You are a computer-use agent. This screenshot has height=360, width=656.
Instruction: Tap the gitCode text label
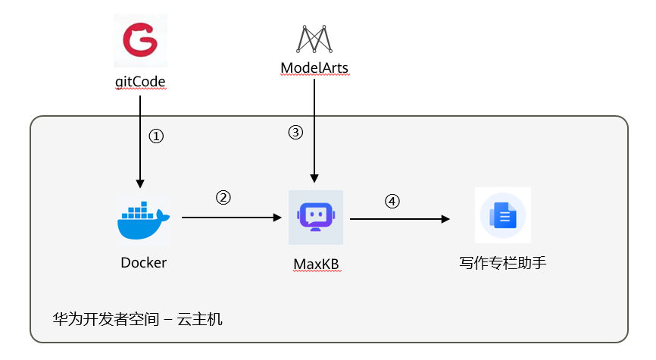[141, 81]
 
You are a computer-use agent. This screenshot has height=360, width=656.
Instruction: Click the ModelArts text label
[314, 68]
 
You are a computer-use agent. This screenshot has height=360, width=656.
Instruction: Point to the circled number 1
[155, 136]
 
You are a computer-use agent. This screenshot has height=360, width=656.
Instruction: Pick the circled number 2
[223, 198]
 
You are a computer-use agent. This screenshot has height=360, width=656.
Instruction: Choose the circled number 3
[295, 133]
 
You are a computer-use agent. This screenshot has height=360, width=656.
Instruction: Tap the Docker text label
[143, 263]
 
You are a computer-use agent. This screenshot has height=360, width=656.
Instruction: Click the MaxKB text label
[316, 264]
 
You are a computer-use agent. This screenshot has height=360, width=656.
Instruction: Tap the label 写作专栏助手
[502, 263]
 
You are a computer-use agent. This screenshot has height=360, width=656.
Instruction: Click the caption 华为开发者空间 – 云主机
[127, 319]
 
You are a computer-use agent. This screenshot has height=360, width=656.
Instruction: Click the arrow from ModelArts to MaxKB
[315, 129]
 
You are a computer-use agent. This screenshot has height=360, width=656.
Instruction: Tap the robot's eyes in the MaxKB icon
[316, 213]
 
